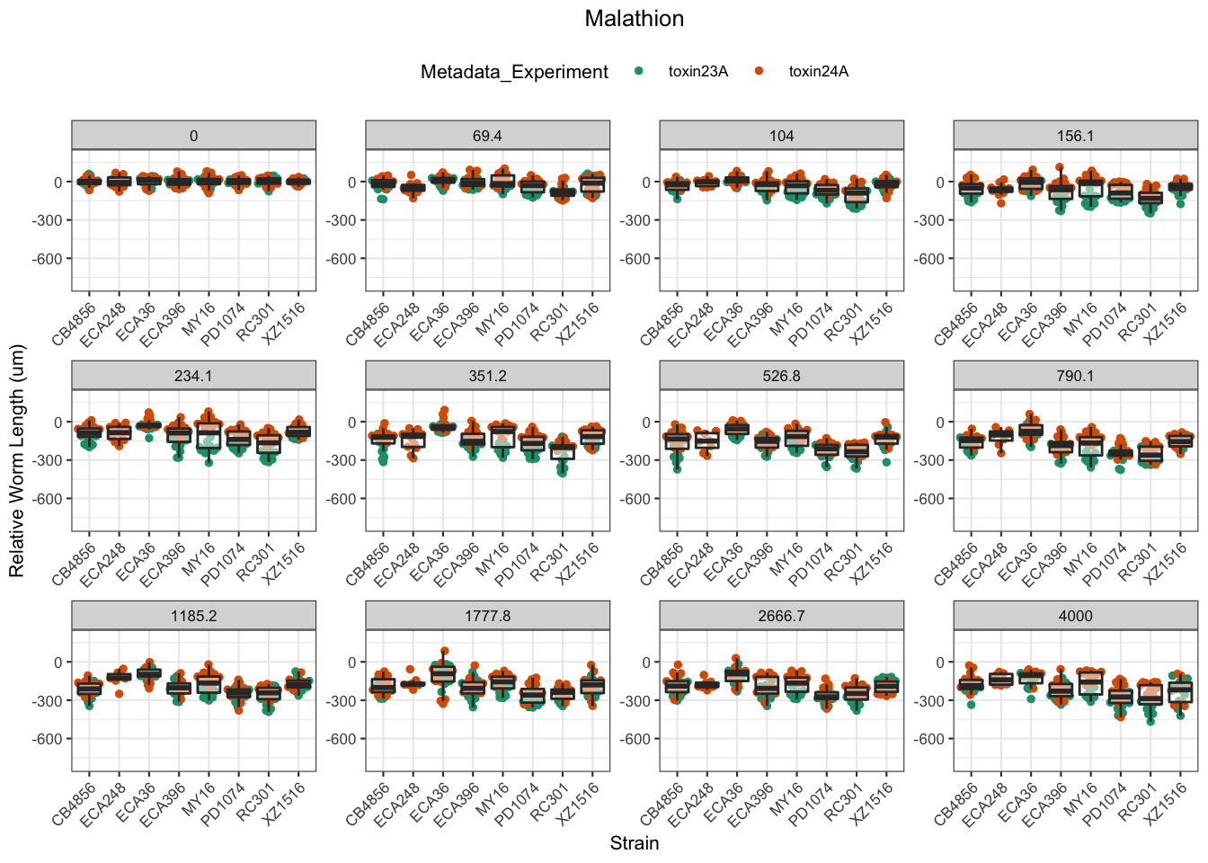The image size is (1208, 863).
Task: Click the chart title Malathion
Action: (x=634, y=19)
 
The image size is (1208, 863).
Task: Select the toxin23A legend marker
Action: (x=640, y=72)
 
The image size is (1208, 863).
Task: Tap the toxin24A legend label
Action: (x=818, y=72)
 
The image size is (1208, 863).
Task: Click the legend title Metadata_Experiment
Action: (x=514, y=72)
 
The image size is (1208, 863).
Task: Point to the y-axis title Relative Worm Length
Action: (x=17, y=461)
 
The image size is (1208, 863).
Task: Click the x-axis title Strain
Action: (x=634, y=843)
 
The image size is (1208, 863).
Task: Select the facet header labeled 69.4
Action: (x=487, y=136)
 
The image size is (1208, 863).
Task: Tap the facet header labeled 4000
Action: (x=1075, y=616)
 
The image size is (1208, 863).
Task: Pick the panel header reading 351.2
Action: (x=487, y=376)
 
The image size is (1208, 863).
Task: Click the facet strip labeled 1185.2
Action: (x=193, y=616)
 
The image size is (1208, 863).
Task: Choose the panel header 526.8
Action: (x=781, y=376)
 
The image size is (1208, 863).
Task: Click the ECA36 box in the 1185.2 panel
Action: (x=148, y=672)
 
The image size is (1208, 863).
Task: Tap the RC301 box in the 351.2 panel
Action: (x=563, y=450)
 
